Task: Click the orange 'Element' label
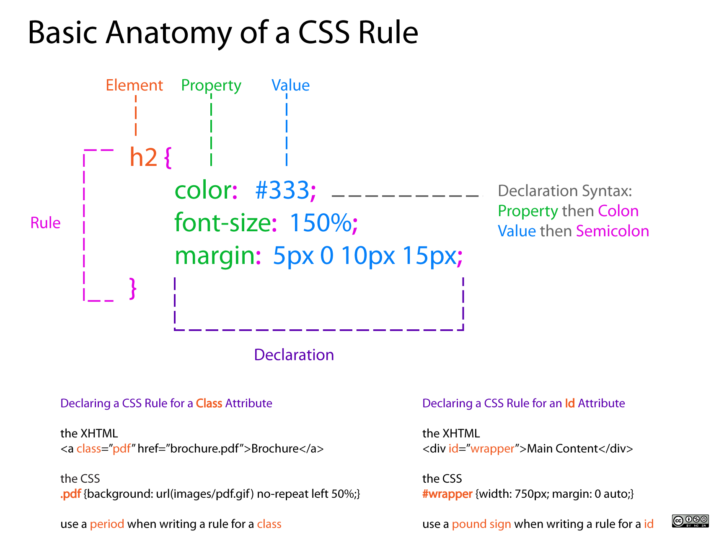coord(134,85)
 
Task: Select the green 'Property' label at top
coord(211,85)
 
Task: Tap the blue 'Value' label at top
coord(290,85)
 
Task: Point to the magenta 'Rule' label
coord(45,223)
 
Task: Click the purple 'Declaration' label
coord(294,355)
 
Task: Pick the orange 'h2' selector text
coord(143,158)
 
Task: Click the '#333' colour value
coord(282,190)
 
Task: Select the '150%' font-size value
coord(321,222)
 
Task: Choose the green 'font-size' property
coord(222,222)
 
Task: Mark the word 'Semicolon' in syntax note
coord(612,231)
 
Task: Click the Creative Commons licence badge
coord(690,521)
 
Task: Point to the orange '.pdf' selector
coord(71,494)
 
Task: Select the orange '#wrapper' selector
coord(447,494)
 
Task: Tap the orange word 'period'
coord(107,524)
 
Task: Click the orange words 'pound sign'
coord(481,524)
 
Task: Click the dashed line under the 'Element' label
coord(136,115)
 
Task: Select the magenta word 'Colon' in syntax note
coord(618,211)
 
